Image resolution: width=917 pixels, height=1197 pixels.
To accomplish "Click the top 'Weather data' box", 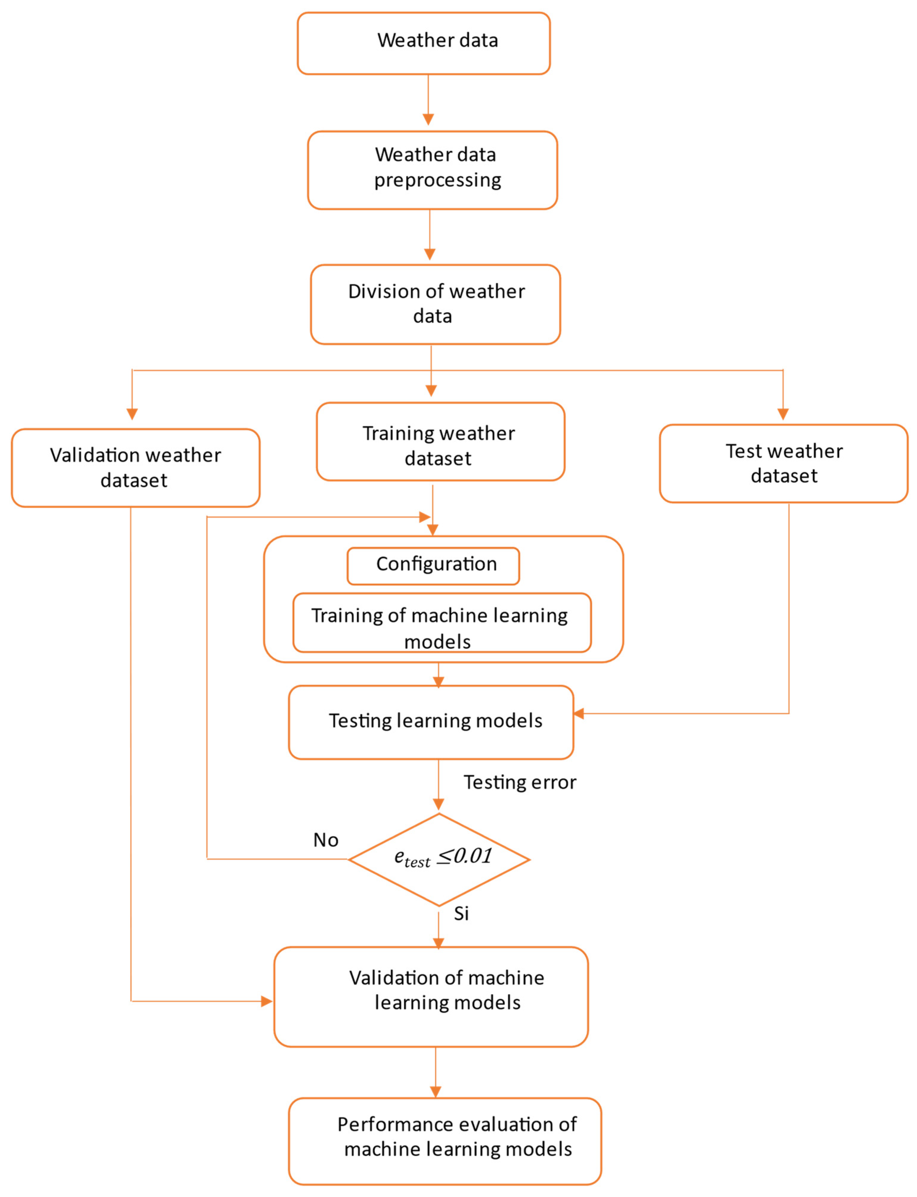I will (423, 43).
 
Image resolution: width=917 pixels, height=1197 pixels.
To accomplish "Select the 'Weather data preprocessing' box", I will (432, 170).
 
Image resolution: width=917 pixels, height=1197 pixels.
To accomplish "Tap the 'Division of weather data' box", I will (435, 304).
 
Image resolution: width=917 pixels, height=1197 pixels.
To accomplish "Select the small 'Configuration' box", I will (433, 566).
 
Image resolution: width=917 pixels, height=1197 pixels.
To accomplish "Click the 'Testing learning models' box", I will (431, 721).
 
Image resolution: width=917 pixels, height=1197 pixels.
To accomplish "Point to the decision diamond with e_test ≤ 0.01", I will (439, 860).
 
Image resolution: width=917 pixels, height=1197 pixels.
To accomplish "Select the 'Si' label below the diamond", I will (461, 913).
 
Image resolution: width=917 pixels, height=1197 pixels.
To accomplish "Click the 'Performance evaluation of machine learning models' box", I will (444, 1141).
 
